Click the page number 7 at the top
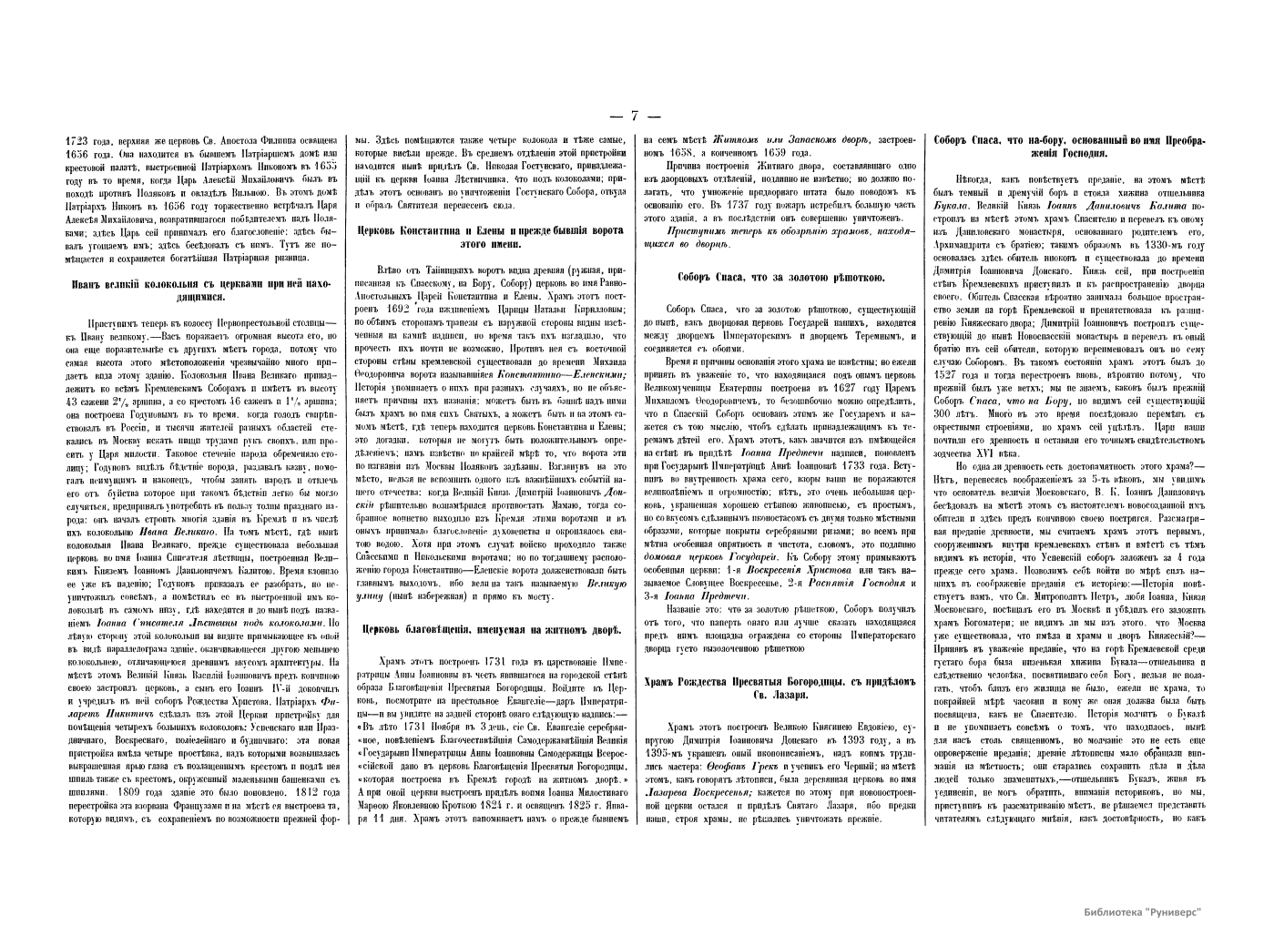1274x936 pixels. click(x=636, y=116)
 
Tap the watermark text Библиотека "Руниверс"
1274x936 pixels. click(x=1144, y=911)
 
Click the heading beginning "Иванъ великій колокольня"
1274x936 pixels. click(x=202, y=290)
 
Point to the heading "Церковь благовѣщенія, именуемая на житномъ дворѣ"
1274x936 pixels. click(x=491, y=629)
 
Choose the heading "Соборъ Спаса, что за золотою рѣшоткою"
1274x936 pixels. click(x=782, y=277)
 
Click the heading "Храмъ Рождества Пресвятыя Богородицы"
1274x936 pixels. click(x=782, y=687)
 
